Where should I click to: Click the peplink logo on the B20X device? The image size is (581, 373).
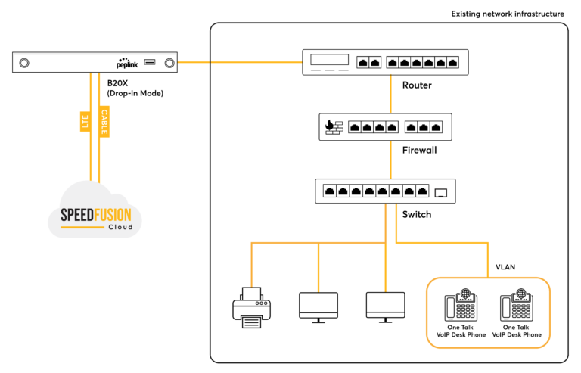tap(127, 63)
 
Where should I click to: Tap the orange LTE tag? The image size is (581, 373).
tap(85, 122)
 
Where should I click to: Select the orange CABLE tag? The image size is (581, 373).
tap(104, 122)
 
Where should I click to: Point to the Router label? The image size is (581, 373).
tap(417, 85)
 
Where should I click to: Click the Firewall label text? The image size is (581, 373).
tap(419, 150)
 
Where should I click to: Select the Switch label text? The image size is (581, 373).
tap(417, 214)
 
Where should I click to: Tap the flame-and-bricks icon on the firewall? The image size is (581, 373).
tap(334, 127)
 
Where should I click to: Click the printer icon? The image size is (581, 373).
tap(252, 307)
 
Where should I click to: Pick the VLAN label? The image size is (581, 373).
tap(505, 267)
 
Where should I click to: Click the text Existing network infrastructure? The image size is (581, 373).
tap(508, 14)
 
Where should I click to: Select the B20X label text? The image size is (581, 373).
tap(117, 83)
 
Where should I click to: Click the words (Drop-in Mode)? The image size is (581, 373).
tap(135, 93)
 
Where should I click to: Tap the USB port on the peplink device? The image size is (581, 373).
tap(150, 62)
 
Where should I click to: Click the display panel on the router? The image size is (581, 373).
tap(329, 60)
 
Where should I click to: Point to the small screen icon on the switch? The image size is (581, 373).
tap(440, 193)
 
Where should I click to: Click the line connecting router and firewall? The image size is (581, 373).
tap(390, 94)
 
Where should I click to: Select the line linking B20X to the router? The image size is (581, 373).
tap(240, 62)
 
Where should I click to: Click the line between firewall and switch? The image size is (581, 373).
tap(390, 160)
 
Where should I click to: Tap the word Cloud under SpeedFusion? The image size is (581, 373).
tap(120, 227)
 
